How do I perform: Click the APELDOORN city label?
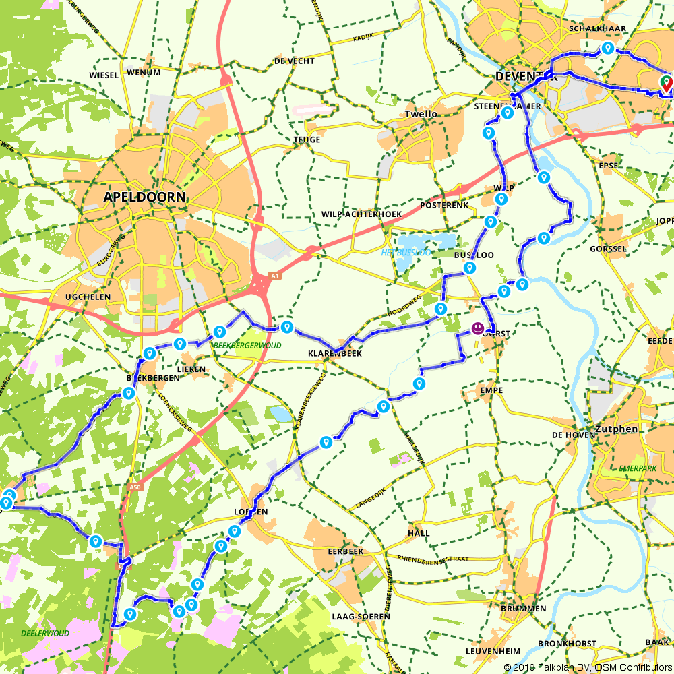tap(144, 197)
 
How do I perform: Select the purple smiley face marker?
tap(477, 328)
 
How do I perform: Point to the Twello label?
tap(421, 114)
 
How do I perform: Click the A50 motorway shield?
tap(135, 487)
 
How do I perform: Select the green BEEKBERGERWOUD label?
tap(246, 345)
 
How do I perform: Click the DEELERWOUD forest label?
tap(45, 634)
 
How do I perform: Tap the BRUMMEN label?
tap(524, 609)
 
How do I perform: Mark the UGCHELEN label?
tap(84, 297)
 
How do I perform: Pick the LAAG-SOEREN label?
tap(361, 617)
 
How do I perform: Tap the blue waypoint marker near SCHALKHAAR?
tap(608, 49)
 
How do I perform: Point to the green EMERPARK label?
tap(636, 468)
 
